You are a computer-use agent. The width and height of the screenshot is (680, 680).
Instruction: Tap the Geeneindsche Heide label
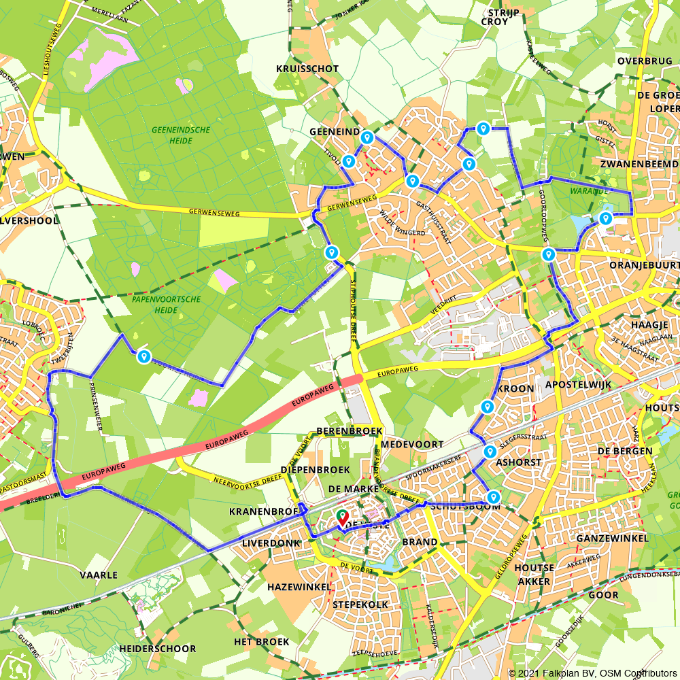[180, 135]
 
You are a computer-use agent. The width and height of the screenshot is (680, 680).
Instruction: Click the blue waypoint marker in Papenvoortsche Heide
[143, 356]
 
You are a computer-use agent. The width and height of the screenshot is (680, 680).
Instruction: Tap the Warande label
[590, 191]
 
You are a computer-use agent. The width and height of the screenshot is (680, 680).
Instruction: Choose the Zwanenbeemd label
[639, 165]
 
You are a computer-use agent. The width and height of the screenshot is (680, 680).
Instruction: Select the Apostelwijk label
[579, 385]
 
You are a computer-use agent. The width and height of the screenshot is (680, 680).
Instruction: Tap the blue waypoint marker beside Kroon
[487, 407]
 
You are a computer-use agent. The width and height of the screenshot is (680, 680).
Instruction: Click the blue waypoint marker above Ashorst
[490, 452]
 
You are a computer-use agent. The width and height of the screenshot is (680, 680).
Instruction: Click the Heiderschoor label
[157, 649]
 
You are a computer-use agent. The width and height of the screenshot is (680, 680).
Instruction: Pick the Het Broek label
[262, 642]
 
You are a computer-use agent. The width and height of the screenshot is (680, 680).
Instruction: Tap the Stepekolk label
[360, 604]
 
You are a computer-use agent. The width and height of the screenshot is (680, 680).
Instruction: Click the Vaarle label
[99, 575]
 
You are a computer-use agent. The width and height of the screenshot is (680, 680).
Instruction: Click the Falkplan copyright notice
[592, 673]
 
